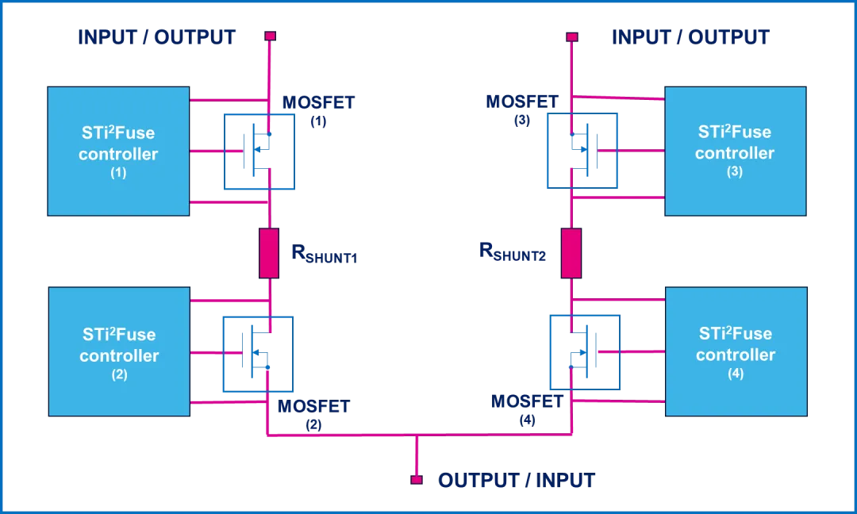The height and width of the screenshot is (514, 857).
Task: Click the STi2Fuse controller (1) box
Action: coord(118,151)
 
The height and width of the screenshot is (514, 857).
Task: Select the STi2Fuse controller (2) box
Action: coord(119,351)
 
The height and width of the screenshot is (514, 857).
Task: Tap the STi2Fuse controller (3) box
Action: coord(735,151)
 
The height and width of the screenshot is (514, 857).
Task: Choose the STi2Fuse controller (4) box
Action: coord(736,352)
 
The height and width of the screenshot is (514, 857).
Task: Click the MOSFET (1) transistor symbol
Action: coord(259,152)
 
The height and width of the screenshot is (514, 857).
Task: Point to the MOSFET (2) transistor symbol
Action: coord(257,354)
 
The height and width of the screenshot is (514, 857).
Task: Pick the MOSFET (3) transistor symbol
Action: coord(582,151)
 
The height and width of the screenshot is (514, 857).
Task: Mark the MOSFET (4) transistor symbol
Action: coord(584,352)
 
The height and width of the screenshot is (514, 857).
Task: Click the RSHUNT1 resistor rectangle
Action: coord(269,253)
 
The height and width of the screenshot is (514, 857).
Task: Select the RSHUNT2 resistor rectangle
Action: coord(571,253)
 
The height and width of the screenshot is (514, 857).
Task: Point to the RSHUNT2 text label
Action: coord(513,251)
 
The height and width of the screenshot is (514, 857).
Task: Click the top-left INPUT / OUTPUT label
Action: coord(156,37)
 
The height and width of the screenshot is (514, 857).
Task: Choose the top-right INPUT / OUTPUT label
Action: coord(690,37)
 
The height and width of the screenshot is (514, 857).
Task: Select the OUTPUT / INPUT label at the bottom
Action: coord(516,480)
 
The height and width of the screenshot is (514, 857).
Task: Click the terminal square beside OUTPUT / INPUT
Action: coord(416,479)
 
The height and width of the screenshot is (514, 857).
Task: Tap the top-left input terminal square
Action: coord(270,36)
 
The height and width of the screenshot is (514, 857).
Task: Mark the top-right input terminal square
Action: coord(571,36)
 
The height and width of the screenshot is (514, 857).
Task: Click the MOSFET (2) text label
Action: coord(313,412)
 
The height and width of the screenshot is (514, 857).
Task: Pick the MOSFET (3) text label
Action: coord(522,108)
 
